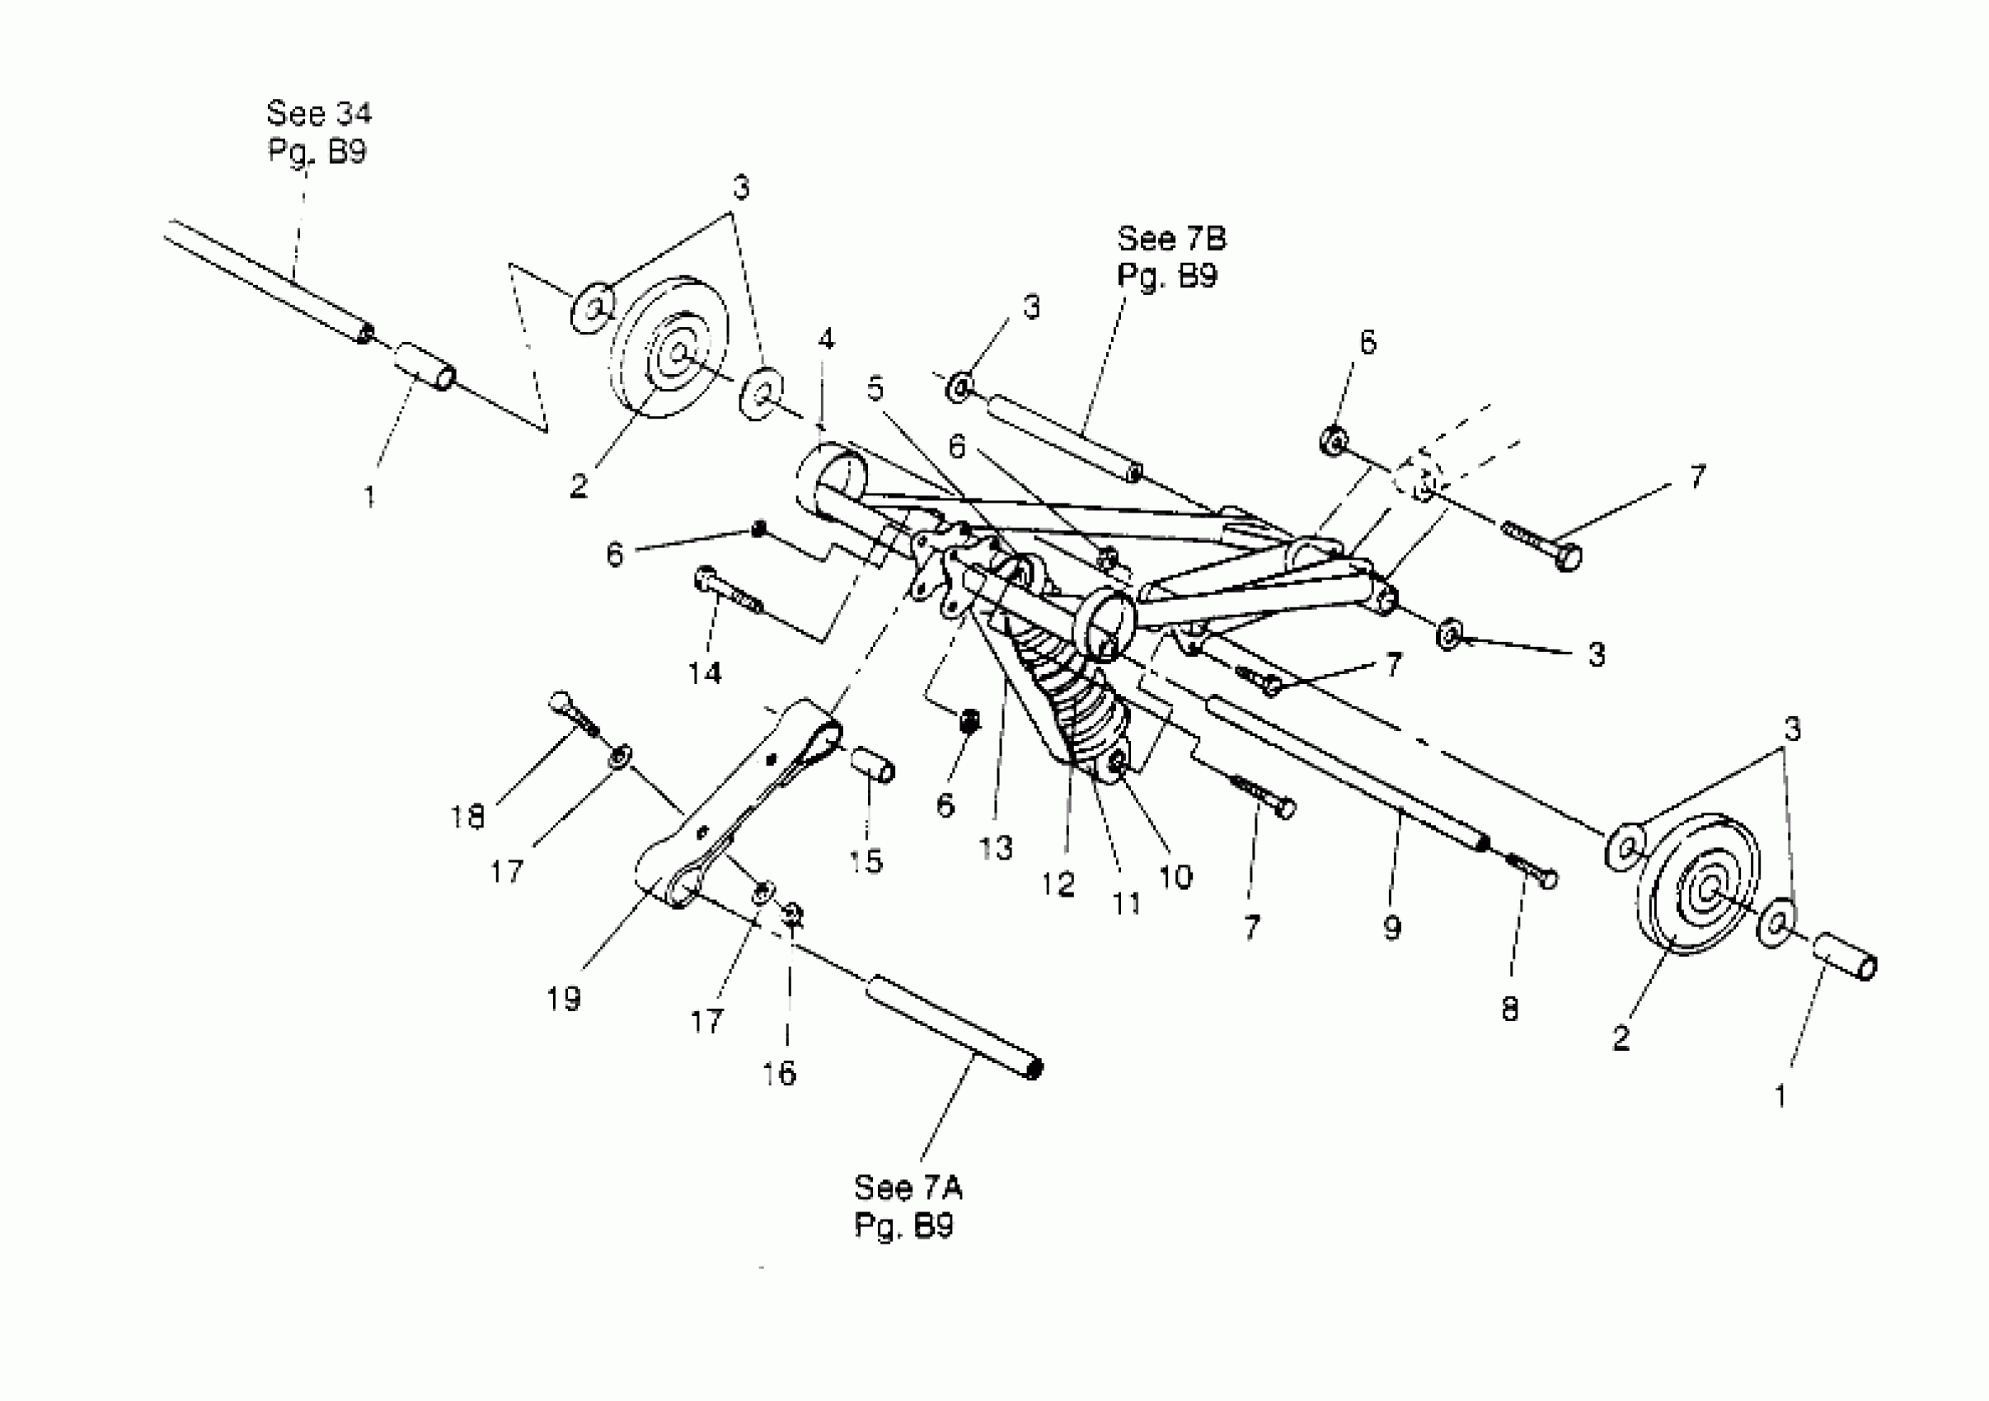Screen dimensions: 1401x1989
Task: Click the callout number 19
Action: [x=563, y=999]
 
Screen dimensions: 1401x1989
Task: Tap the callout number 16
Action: [x=779, y=1074]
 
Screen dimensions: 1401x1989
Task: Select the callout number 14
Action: [x=705, y=672]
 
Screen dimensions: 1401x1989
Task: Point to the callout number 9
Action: [x=1392, y=928]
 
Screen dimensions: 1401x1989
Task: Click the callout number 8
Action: [x=1510, y=1009]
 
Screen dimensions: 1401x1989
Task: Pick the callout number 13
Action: [x=996, y=848]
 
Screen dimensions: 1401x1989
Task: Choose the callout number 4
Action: [x=827, y=340]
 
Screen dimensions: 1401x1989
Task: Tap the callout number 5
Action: [x=876, y=389]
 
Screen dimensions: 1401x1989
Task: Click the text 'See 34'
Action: [x=319, y=114]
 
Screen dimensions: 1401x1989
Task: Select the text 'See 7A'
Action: [x=907, y=1187]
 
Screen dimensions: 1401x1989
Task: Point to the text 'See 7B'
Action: [x=1171, y=238]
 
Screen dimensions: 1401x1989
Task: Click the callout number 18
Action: [x=468, y=817]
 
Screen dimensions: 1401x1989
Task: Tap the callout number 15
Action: [x=865, y=860]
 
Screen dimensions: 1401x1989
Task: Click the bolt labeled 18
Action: [x=573, y=716]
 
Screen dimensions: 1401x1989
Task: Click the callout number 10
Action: [x=1175, y=878]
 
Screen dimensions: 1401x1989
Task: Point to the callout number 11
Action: [x=1126, y=904]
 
